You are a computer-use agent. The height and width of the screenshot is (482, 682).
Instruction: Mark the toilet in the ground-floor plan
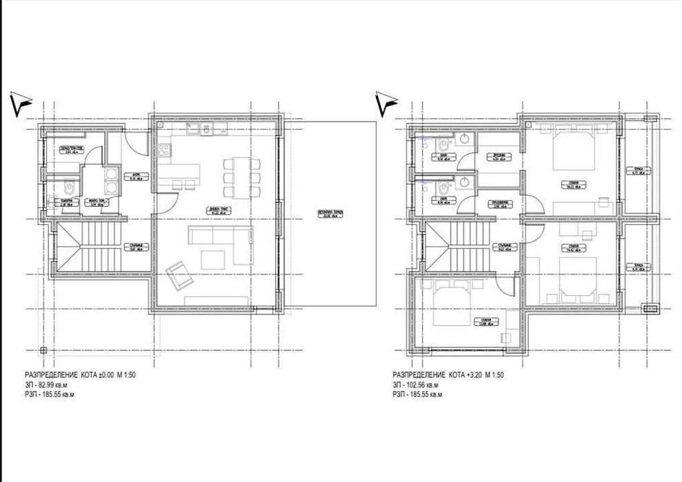coord(67,188)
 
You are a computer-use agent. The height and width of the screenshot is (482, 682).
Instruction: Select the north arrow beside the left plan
coord(22,101)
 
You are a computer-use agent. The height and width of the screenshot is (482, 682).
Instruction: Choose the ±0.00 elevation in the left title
coord(101,374)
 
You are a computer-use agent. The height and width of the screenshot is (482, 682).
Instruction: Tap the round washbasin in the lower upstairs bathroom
coord(467,181)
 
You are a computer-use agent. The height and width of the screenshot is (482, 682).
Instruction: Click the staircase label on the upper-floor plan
coord(502,244)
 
